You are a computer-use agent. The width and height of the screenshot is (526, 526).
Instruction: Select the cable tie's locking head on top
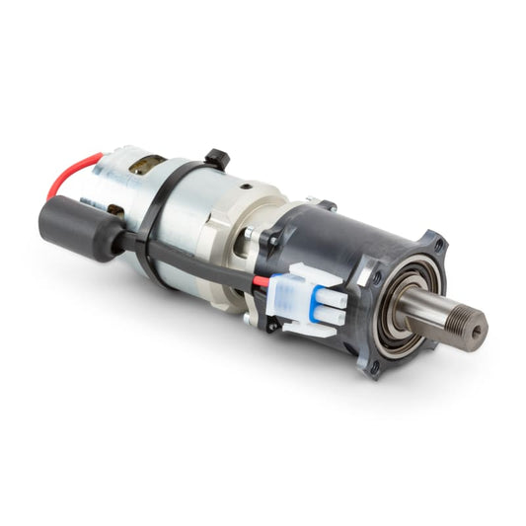point(217,158)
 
